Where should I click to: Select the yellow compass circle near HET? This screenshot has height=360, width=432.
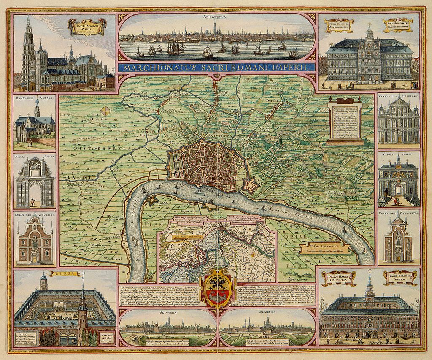click(106, 111)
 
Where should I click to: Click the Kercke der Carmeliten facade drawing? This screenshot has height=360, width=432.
click(398, 241)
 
